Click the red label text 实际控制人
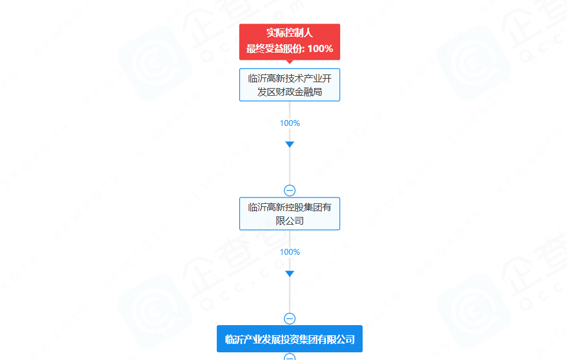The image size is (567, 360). click(289, 33)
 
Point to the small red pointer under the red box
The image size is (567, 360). click(289, 62)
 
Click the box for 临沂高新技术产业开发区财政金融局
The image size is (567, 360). click(289, 85)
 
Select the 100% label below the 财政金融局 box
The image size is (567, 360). click(289, 123)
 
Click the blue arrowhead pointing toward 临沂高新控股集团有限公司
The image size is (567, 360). click(289, 144)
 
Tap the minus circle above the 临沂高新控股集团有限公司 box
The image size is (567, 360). click(289, 190)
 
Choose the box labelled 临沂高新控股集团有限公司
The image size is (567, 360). click(289, 213)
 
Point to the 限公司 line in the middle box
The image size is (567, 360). click(289, 220)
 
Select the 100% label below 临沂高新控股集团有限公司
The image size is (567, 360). click(289, 252)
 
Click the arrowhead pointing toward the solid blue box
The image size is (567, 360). click(289, 274)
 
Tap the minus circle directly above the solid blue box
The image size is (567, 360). click(289, 319)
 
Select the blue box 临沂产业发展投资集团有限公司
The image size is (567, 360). click(289, 339)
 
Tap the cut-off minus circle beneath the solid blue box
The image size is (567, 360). click(289, 356)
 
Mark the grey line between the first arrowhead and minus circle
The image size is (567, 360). click(289, 166)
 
